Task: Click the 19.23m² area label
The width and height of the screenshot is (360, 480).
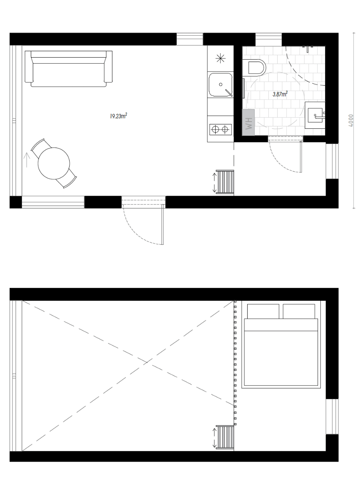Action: pos(118,116)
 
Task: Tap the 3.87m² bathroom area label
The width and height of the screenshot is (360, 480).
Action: pos(280,94)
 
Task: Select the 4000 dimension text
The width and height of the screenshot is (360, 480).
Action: pos(351,120)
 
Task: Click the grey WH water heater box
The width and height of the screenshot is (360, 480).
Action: pos(248,122)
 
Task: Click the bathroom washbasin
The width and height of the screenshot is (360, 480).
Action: pos(315,115)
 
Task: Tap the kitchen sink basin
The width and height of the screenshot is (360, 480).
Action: pos(220,85)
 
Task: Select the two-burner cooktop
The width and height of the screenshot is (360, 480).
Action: pos(220,130)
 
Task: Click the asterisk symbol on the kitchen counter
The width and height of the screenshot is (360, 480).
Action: pos(220,58)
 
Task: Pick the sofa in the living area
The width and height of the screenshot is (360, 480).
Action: pos(69,69)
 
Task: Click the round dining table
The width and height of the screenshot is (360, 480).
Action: pos(54,163)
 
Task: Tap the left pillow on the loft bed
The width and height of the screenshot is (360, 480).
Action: pos(263,311)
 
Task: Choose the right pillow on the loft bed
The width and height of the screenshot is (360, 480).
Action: pos(299,311)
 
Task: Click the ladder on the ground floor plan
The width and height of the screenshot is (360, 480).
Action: pos(225,182)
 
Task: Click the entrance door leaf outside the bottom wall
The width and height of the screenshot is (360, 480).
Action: pos(163,224)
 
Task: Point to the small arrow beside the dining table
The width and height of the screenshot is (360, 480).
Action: pos(27,160)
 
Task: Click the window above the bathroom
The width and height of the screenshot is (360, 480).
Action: pos(269,39)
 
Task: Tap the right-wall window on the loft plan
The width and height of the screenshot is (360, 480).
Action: pos(332,416)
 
